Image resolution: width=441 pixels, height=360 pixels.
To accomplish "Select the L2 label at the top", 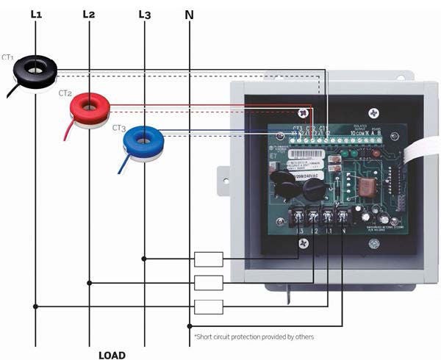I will click(89, 13).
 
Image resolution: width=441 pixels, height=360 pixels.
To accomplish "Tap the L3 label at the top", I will click(144, 13).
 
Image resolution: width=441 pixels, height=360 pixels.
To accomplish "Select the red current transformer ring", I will click(89, 107).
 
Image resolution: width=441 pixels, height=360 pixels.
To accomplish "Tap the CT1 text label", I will click(9, 57).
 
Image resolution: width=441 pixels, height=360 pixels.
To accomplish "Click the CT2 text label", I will click(65, 93).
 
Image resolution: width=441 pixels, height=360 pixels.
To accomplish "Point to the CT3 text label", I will click(119, 127).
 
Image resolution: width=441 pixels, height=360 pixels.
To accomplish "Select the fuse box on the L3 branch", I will click(209, 259).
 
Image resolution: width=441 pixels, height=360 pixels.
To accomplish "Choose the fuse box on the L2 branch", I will click(209, 282).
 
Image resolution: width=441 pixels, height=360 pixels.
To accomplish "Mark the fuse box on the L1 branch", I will click(209, 306).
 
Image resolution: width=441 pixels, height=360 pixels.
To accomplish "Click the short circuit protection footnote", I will click(254, 336).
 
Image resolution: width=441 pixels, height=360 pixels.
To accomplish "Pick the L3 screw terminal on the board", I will click(300, 217).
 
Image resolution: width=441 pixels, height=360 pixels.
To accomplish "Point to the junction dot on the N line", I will click(190, 325).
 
